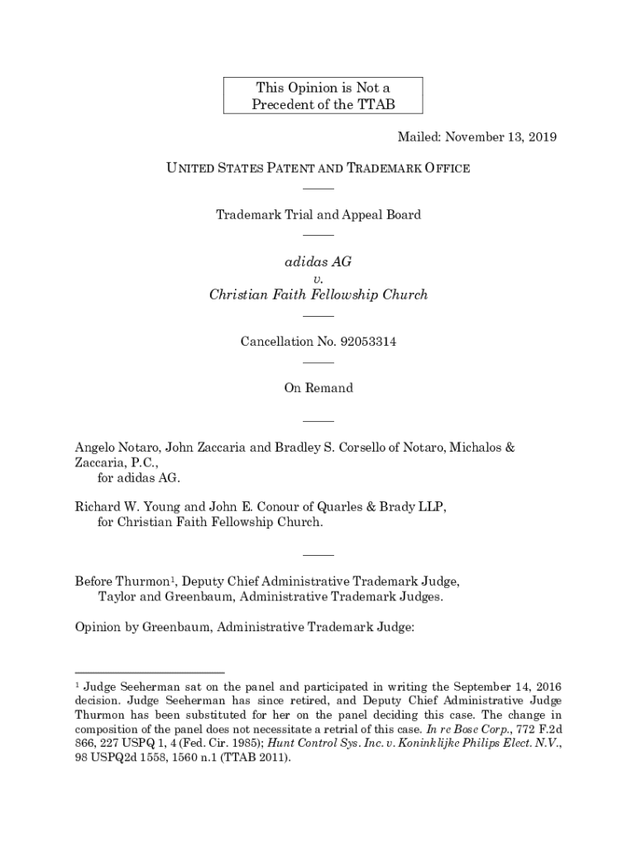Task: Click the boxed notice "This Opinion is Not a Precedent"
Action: (x=323, y=96)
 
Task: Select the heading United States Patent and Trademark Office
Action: (x=318, y=169)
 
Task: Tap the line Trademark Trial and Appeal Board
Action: (x=318, y=215)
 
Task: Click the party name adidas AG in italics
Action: (x=318, y=261)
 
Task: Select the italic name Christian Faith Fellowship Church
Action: (x=318, y=294)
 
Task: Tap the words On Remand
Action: (x=318, y=388)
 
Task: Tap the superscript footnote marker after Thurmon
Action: (x=170, y=577)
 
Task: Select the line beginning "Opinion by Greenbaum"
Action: (x=244, y=628)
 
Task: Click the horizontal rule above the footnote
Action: (x=150, y=672)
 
